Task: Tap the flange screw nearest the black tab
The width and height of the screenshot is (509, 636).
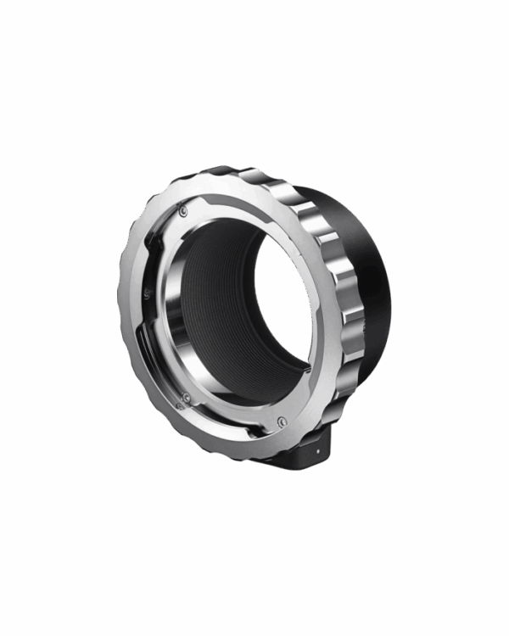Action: tap(280, 421)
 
